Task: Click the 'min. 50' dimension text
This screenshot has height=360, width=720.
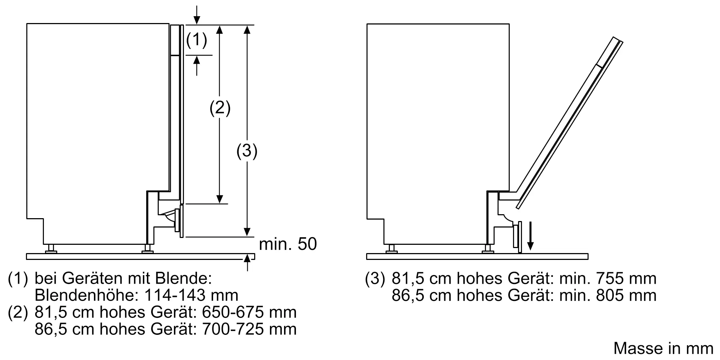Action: pos(288,244)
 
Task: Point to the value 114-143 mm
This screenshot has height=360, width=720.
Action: pos(191,295)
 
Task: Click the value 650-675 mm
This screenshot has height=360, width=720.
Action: pos(249,312)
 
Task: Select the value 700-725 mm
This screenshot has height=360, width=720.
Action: pos(249,329)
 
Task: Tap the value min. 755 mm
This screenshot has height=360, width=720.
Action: pos(608,278)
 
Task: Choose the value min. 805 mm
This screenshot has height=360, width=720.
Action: pos(608,295)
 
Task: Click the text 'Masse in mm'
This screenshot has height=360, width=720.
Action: pos(663,348)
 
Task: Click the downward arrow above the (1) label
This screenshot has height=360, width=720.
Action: pos(197,14)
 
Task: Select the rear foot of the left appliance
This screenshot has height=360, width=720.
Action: pos(51,248)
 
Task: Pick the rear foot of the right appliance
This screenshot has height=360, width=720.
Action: pos(391,248)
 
